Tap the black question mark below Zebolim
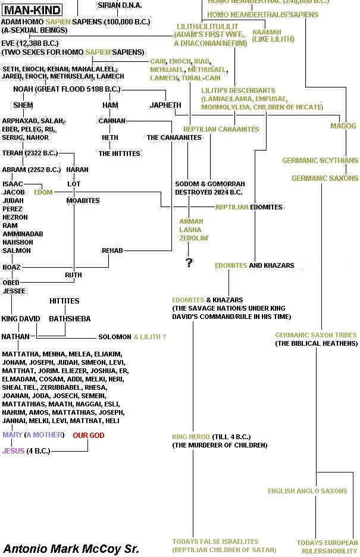(x=189, y=262)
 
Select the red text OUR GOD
(x=88, y=436)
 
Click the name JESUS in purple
(x=14, y=451)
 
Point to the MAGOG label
(x=343, y=126)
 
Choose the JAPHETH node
(x=165, y=105)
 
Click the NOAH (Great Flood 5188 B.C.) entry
(x=67, y=89)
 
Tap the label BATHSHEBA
(x=70, y=319)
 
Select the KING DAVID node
(x=21, y=319)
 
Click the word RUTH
(x=73, y=276)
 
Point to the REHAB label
(x=112, y=251)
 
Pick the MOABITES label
(x=83, y=201)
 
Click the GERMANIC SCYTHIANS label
(x=320, y=161)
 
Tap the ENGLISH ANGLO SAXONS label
(x=307, y=491)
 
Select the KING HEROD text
(x=191, y=437)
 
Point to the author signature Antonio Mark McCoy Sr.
(x=71, y=548)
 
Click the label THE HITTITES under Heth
(x=119, y=154)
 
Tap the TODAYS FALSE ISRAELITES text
(x=215, y=542)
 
